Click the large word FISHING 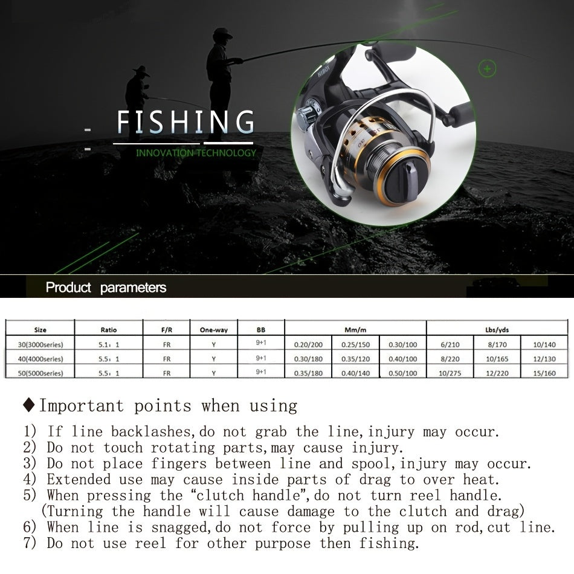pos(185,122)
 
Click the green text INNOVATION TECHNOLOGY pos(196,153)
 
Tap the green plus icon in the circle pos(487,68)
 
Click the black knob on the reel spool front pos(407,175)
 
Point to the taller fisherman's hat pos(222,34)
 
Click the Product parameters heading pos(106,288)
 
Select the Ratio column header pos(109,330)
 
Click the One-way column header pos(214,330)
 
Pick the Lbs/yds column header pos(497,330)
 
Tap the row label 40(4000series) pos(40,359)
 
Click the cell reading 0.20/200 pos(308,344)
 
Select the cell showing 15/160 pos(544,373)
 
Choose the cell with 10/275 pos(450,373)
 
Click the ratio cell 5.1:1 pos(109,344)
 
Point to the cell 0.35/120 pos(355,359)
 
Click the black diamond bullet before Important pos(28,405)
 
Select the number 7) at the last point pos(30,543)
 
